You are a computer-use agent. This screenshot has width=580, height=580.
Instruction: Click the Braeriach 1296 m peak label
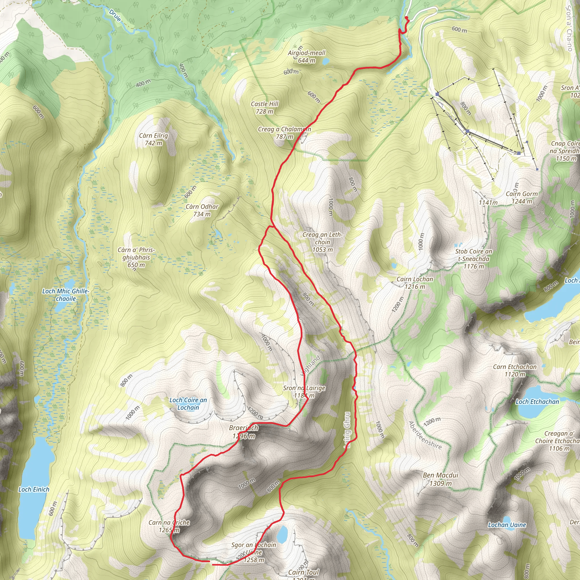point(244,432)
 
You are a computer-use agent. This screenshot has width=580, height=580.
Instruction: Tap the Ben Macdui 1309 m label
point(440,479)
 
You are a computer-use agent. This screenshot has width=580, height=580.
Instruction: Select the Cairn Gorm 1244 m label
point(522,198)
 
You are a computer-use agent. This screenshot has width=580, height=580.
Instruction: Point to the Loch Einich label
point(34,489)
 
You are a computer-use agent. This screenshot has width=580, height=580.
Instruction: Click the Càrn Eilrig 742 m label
point(153,139)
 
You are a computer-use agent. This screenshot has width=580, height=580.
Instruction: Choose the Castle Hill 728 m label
point(265,107)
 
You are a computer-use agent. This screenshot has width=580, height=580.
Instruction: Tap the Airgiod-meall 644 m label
point(306,56)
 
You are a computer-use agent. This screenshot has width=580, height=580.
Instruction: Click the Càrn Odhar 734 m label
point(202,210)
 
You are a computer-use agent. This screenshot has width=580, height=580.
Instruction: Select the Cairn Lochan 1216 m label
point(415,283)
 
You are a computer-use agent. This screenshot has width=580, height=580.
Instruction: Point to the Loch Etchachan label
point(537,402)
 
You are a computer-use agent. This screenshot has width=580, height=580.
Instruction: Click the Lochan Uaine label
point(507,525)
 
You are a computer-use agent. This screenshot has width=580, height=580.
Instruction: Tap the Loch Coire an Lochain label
point(188,404)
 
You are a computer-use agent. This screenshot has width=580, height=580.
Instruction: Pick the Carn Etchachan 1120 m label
point(515,370)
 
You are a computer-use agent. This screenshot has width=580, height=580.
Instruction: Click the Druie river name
point(115,16)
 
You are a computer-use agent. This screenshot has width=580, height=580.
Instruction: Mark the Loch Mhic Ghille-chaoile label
point(66,295)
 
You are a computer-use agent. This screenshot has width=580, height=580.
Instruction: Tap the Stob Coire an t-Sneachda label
point(474,259)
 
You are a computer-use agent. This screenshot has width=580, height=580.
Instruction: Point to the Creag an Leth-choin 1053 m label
point(322,242)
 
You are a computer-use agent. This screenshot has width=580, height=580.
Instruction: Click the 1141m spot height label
point(488,203)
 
